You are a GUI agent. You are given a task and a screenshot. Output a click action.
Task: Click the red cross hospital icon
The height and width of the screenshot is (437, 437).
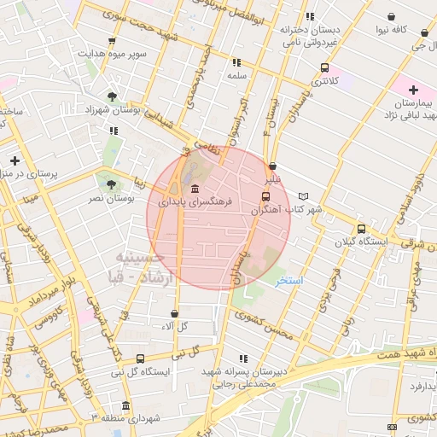pos(414,90)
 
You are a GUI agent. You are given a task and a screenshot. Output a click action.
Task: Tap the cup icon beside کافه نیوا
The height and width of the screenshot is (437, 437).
pos(391,16)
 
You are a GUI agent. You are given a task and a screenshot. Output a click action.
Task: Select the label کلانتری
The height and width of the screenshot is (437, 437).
pos(324,82)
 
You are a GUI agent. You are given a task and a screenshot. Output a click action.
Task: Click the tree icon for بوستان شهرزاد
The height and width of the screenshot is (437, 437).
pos(113,96)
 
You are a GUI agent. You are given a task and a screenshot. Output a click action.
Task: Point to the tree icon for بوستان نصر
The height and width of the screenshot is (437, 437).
pos(108,184)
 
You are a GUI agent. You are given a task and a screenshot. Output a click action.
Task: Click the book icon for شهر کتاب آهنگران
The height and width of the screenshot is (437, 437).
pos(304,196)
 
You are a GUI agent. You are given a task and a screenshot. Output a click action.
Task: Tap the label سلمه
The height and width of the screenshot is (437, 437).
pos(236,76)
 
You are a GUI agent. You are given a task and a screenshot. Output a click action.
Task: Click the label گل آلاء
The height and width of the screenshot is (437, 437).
pos(175,327)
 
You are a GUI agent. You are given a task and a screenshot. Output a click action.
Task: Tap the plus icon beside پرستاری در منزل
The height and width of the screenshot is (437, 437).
pos(15,160)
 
